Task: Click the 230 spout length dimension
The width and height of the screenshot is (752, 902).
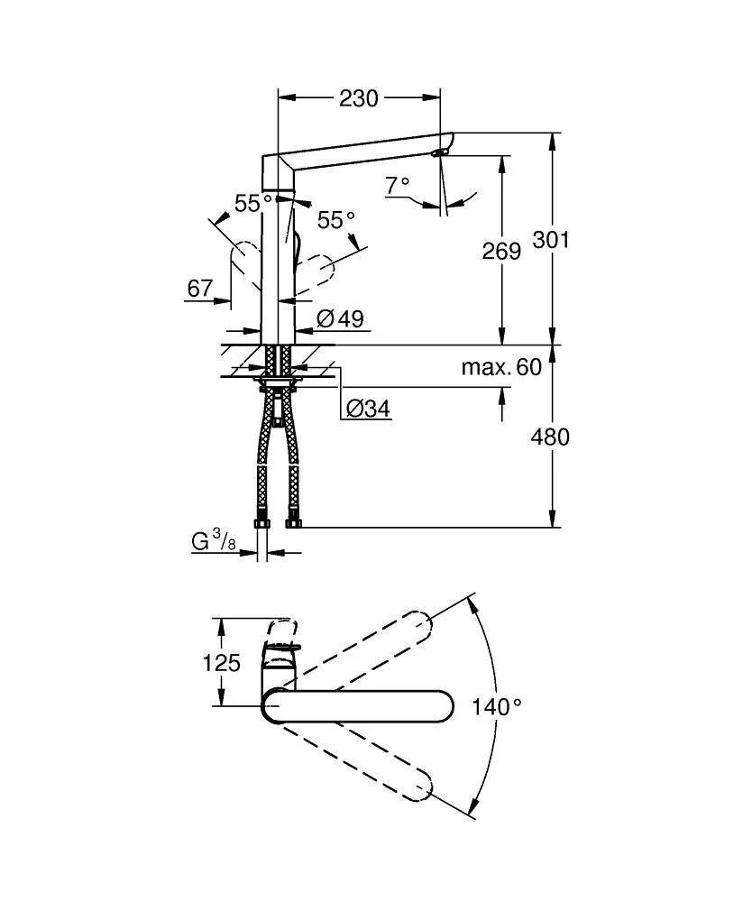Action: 359,98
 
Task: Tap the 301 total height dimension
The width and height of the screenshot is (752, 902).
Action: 551,239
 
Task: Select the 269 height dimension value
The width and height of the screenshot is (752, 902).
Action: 501,251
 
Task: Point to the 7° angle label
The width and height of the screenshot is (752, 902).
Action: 398,185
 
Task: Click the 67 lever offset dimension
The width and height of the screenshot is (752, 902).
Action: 200,288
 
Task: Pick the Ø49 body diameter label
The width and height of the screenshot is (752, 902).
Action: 340,318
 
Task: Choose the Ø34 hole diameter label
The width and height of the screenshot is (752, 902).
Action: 368,409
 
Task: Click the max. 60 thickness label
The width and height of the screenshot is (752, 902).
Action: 501,367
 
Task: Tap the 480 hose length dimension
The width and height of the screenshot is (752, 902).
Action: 550,437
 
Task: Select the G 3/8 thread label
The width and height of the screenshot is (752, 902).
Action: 214,540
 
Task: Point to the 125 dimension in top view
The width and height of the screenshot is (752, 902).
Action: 221,663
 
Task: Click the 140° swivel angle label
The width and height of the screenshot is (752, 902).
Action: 498,706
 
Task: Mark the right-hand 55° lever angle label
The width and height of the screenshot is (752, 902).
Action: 336,219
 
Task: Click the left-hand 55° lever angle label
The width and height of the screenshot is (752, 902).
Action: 253,202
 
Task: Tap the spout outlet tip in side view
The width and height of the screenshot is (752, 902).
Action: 440,152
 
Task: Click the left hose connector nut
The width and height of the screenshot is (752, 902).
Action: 261,523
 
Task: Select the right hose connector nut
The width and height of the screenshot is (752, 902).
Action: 293,523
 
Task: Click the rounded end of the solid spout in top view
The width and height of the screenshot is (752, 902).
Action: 445,705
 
